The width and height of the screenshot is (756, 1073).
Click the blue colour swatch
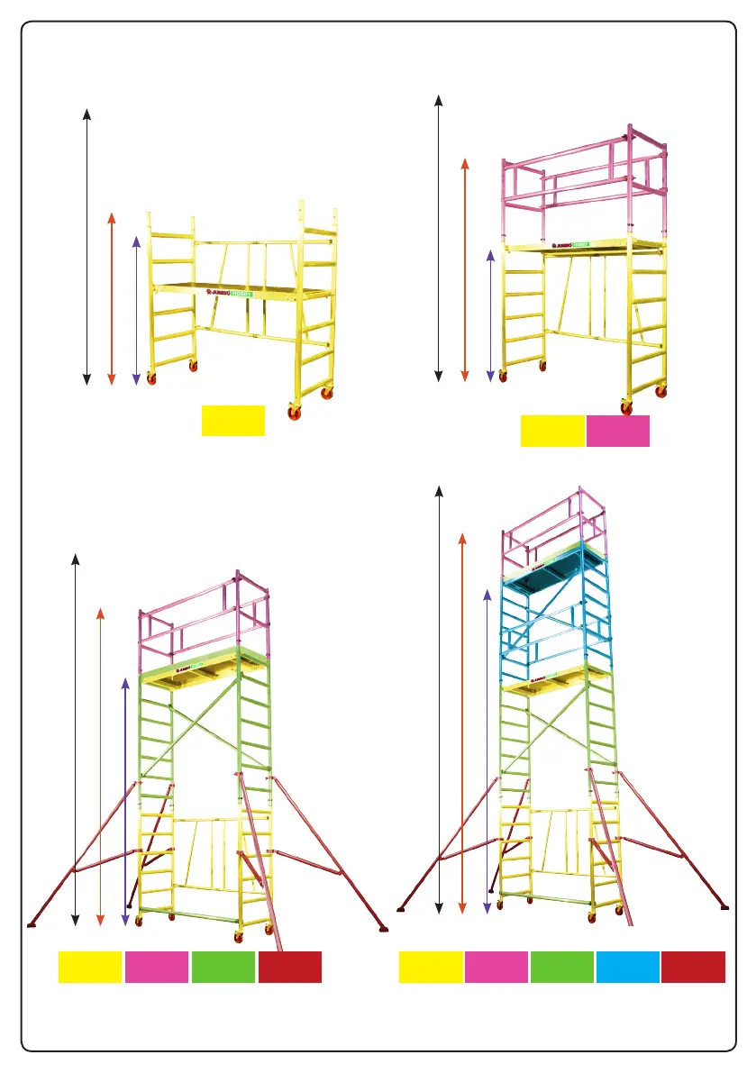coord(627,967)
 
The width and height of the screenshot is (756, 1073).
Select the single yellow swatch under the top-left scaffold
coord(232,421)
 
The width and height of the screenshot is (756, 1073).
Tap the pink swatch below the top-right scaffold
coord(617,432)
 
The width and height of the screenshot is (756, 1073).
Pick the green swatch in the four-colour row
coord(223,967)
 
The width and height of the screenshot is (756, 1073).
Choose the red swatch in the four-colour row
coord(289,967)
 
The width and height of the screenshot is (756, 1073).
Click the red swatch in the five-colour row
coord(693,967)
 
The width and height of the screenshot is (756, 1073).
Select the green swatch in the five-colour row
coord(560,967)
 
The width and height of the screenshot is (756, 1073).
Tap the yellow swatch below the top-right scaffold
coord(551,432)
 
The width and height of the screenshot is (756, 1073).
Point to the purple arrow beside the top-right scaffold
coord(490,314)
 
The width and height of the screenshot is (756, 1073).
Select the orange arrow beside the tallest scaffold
coord(461,721)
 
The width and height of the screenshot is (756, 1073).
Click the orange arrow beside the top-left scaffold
coord(111,298)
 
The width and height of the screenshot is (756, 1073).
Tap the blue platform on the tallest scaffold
coord(549,577)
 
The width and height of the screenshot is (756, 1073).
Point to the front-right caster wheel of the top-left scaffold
coord(294,414)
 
